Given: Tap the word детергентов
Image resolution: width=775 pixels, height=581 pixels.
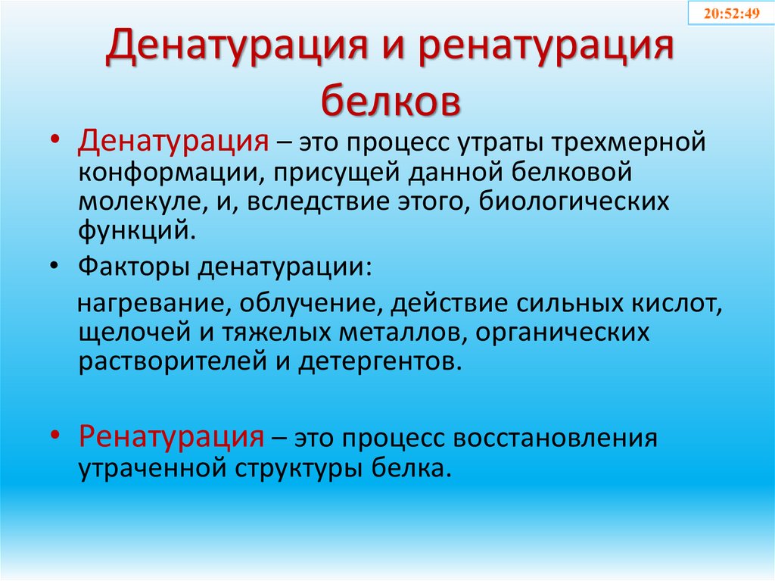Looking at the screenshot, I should pyautogui.click(x=378, y=360).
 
